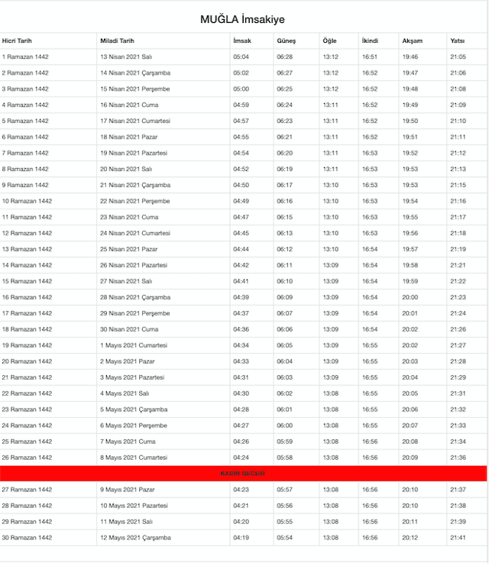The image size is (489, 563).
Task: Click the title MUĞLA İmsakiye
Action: coord(244,19)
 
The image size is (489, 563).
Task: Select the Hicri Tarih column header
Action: coord(17,40)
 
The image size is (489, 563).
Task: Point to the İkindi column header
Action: coord(370,40)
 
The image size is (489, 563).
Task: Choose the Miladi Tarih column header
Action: coord(117,40)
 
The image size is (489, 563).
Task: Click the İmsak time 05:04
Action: coord(241,57)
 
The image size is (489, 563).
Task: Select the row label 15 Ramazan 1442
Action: coord(27,281)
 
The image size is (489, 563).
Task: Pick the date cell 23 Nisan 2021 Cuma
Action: coord(127,217)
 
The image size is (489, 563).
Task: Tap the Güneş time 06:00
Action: coord(284,425)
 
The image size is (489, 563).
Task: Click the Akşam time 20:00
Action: coord(410,297)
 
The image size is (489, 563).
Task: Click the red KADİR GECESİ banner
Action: coord(243,474)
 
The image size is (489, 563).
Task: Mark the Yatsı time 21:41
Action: coord(458,538)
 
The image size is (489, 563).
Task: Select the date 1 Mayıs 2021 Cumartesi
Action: coord(133,345)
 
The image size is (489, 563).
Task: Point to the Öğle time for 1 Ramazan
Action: coord(330,57)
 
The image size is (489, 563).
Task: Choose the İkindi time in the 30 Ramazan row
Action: coord(370,538)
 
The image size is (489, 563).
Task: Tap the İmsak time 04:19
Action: coord(241,538)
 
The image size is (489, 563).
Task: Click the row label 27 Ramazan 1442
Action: coord(27,490)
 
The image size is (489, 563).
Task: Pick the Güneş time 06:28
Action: coord(284,57)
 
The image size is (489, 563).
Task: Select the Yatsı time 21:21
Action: coord(458,265)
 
